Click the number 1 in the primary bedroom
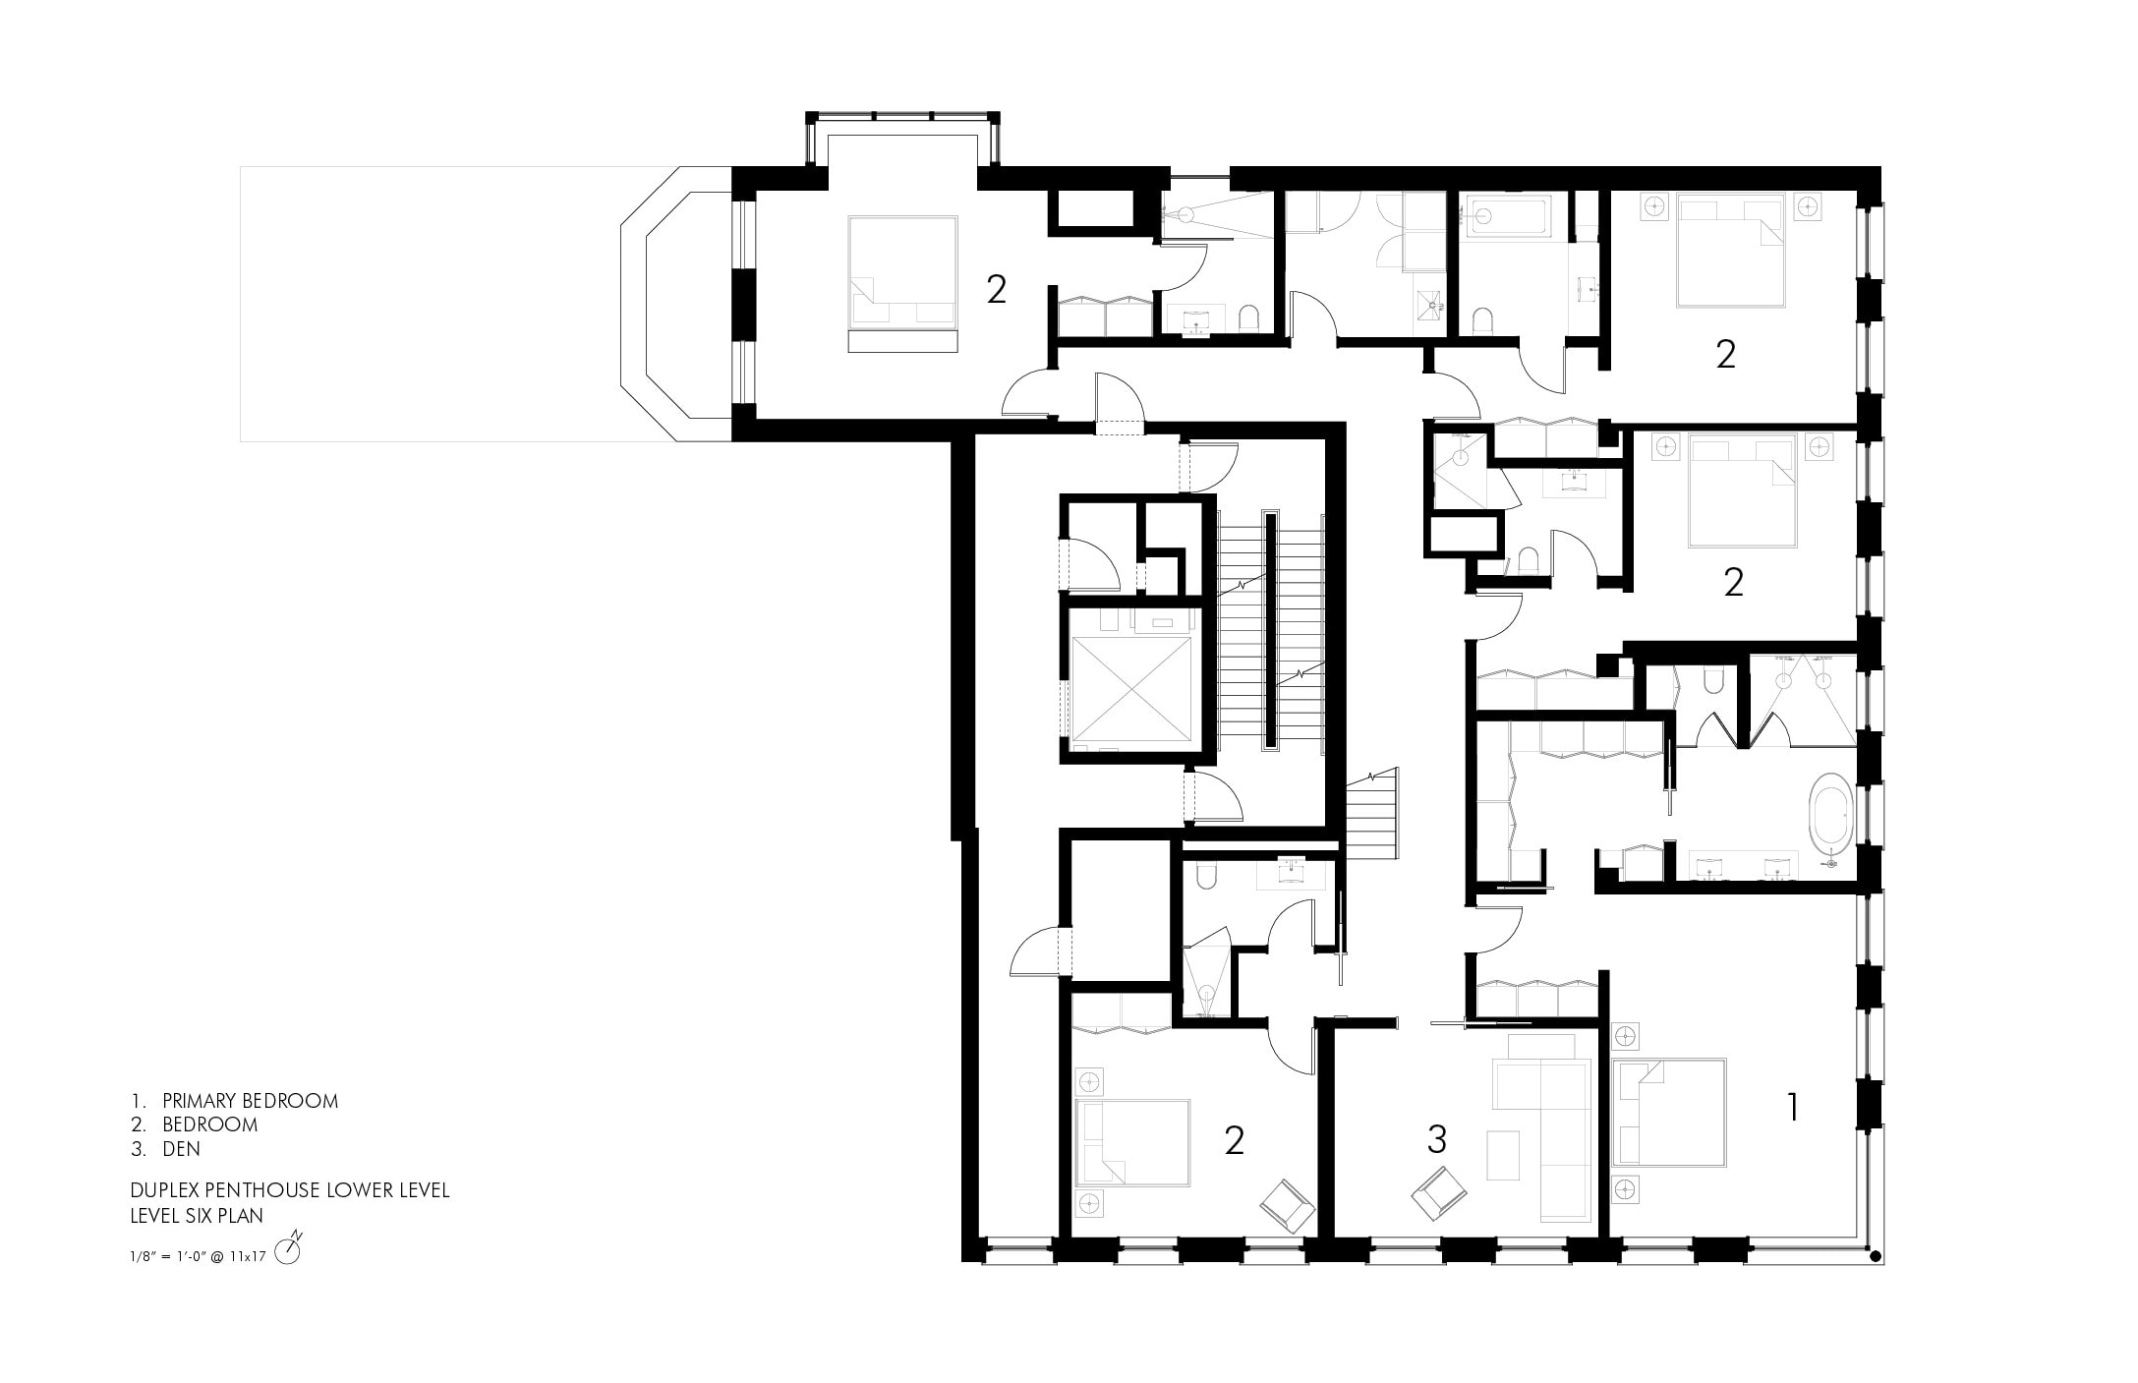1793,1108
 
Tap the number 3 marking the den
1436,1139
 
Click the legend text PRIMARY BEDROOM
250,1101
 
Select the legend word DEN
182,1148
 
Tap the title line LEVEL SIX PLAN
197,1216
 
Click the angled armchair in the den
1439,1193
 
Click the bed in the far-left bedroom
902,282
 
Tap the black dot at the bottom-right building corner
1875,1255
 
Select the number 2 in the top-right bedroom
1726,354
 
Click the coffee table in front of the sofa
1502,1155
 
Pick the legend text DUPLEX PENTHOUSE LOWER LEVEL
290,1190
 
